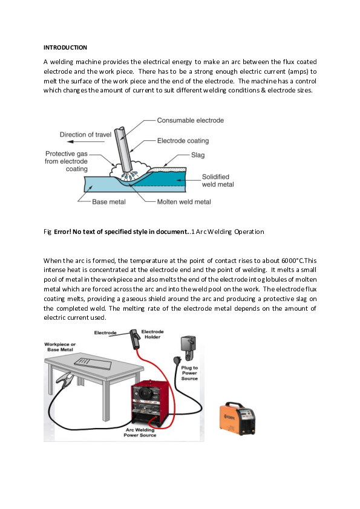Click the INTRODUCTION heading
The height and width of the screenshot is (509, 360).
point(65,47)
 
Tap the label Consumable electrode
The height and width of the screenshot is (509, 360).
point(191,120)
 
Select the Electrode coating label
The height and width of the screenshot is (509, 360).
point(183,141)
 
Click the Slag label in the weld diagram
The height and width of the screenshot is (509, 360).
point(198,155)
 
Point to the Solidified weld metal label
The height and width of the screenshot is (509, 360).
point(218,181)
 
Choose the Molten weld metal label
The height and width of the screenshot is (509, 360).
point(184,201)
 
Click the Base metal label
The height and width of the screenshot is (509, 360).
point(108,201)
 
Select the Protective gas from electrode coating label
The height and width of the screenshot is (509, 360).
point(67,161)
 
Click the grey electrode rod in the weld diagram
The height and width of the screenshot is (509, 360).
point(123,149)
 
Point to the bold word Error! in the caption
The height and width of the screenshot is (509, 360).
point(63,232)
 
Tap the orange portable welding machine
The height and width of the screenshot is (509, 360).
point(238,418)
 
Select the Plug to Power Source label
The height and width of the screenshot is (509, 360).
point(189,373)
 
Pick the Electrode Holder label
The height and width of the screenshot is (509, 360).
point(152,334)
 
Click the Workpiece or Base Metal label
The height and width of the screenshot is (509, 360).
point(60,347)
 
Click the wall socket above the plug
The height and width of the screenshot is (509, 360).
point(188,346)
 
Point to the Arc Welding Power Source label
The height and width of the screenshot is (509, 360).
point(140,432)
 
